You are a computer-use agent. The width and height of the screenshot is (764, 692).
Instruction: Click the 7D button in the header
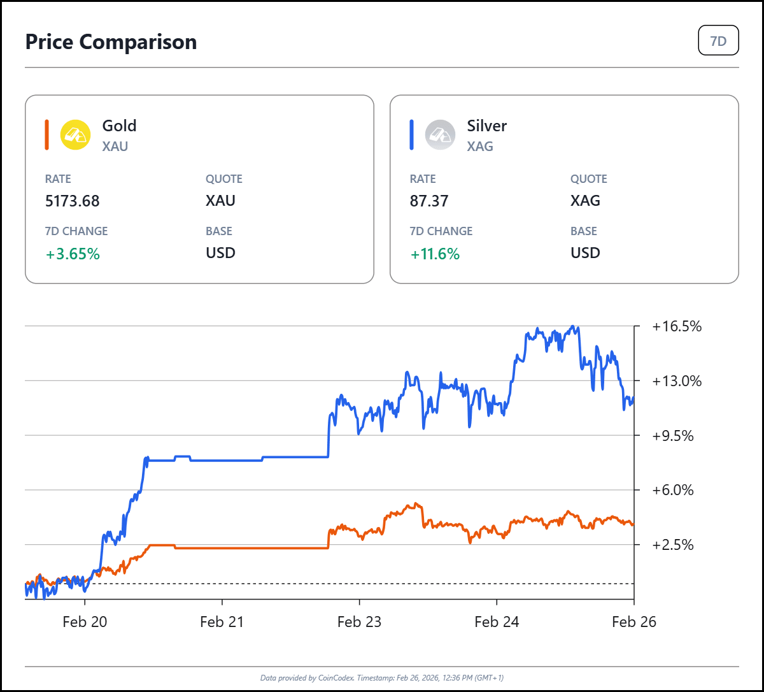click(x=718, y=41)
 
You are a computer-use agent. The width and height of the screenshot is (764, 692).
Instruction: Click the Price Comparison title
click(x=111, y=42)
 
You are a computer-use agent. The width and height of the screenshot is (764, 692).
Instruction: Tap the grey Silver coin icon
click(x=440, y=135)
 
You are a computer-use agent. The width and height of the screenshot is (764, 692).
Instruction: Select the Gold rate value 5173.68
click(x=73, y=201)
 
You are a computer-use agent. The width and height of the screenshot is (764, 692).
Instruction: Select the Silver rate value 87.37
click(x=429, y=201)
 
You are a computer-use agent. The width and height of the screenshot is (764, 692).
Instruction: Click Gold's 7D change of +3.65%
click(x=73, y=254)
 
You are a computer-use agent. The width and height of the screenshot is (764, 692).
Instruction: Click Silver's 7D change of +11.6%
click(x=435, y=254)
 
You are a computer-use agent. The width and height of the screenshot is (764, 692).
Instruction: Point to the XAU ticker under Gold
click(x=115, y=147)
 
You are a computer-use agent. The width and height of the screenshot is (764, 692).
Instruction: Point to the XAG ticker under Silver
click(x=480, y=147)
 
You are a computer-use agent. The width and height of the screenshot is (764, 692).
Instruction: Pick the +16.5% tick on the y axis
click(x=677, y=327)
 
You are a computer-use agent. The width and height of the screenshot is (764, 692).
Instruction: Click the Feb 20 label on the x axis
click(x=85, y=622)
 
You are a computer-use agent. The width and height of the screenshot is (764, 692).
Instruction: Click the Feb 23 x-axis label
click(x=359, y=622)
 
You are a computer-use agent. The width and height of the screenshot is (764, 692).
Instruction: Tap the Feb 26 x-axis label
click(x=633, y=622)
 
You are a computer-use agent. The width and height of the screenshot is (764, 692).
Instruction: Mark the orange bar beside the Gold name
click(x=47, y=135)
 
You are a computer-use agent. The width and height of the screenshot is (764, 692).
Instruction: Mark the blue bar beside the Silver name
click(x=412, y=135)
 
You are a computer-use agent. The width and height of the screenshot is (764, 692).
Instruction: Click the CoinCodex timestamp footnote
click(x=381, y=677)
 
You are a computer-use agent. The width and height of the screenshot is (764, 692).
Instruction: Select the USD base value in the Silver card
click(x=585, y=253)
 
